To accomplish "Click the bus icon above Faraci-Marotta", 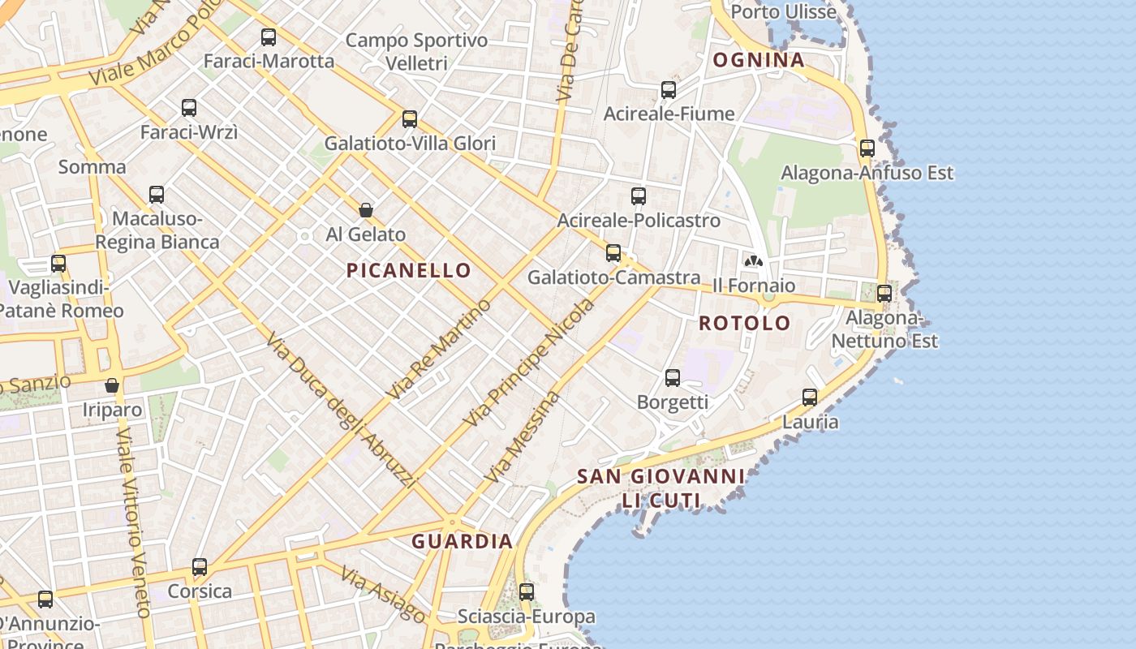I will click(x=269, y=37).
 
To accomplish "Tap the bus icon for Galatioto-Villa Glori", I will click(x=410, y=120).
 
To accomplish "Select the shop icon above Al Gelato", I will click(x=366, y=211).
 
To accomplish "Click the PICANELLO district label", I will click(x=409, y=271).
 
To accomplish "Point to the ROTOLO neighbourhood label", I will click(x=744, y=323).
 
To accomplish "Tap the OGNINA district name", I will click(x=758, y=60).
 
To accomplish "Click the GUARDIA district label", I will click(x=462, y=541).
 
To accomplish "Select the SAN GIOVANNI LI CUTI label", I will click(x=661, y=488).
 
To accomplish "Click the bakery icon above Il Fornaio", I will click(x=754, y=261).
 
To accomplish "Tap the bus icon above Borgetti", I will click(x=673, y=378).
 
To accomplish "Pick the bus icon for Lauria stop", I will click(x=810, y=398).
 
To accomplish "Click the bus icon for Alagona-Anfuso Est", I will click(x=867, y=148).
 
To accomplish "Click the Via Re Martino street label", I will click(x=439, y=350).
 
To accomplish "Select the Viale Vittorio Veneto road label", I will click(x=134, y=523).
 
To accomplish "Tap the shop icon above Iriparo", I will click(x=112, y=386).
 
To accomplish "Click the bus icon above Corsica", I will click(x=200, y=567).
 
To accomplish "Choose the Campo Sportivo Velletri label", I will click(x=417, y=51).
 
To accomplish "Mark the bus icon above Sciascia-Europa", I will click(x=527, y=592).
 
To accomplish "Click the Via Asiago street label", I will click(x=381, y=595).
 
